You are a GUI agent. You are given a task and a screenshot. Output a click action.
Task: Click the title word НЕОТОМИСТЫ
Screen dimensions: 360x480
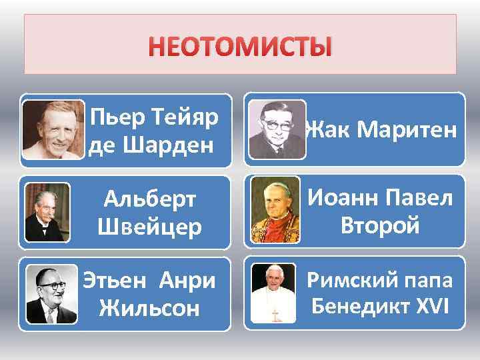pyautogui.click(x=240, y=48)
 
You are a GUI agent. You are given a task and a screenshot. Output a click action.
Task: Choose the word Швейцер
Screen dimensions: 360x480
pyautogui.click(x=149, y=227)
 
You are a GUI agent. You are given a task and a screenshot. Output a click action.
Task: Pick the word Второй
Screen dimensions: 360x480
pyautogui.click(x=380, y=225)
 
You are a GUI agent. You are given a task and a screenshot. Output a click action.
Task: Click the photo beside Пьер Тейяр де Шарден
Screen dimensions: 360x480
pyautogui.click(x=53, y=131)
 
